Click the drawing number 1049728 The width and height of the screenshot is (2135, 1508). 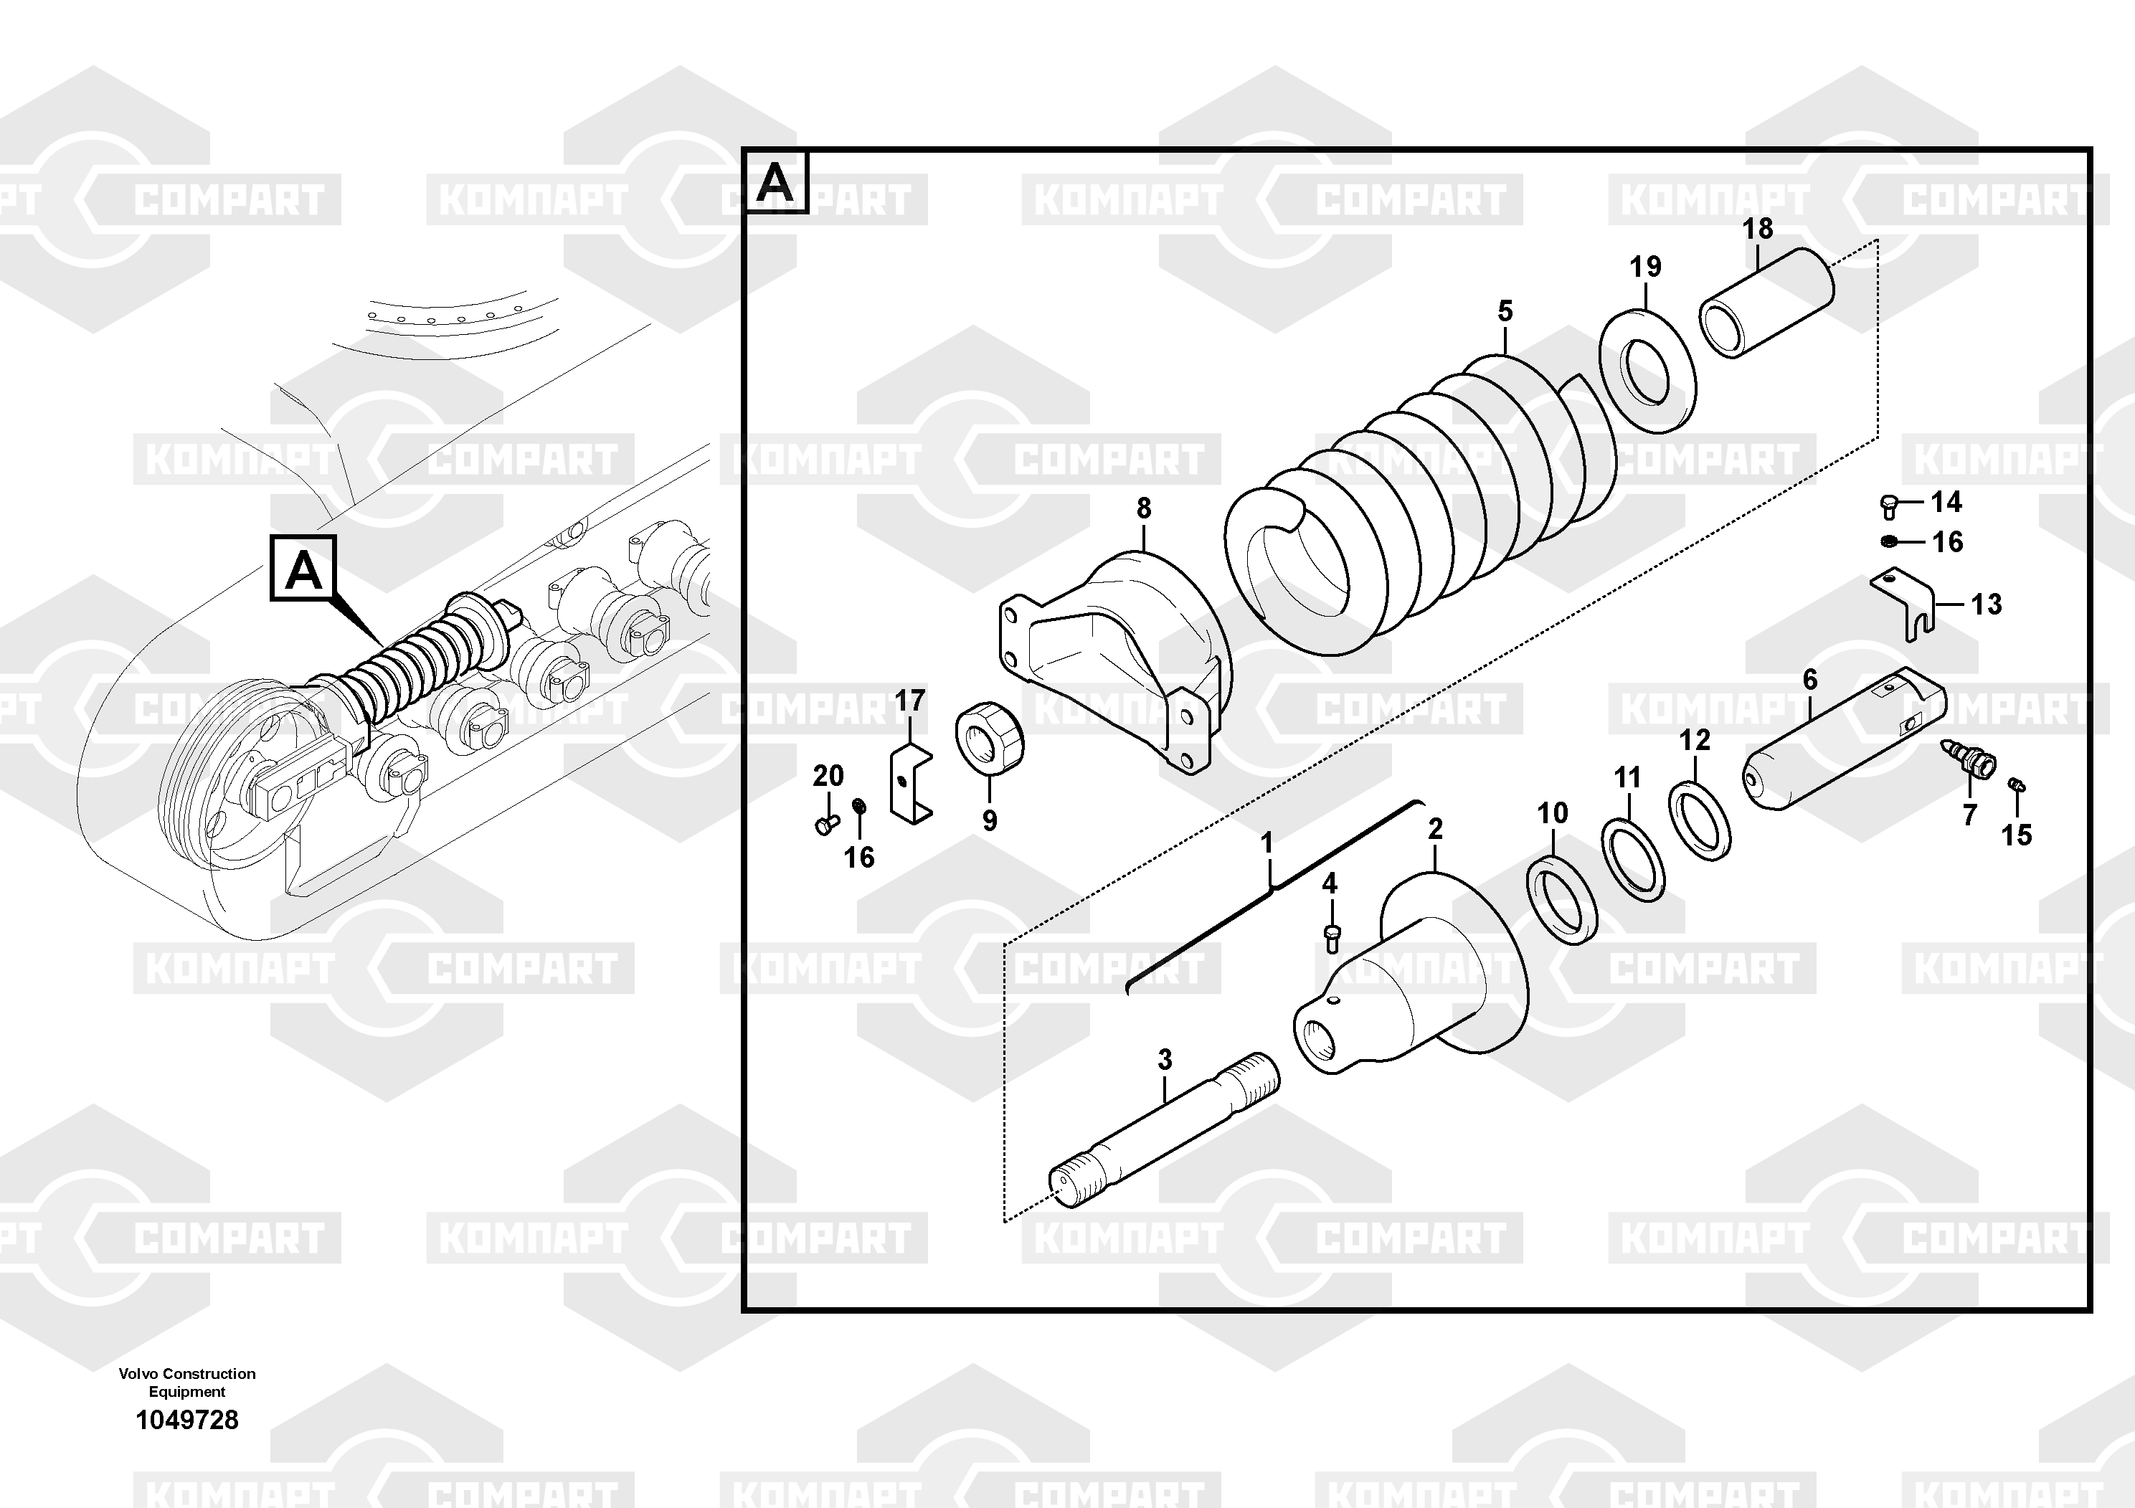187,1420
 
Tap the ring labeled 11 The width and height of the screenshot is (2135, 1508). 1633,860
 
